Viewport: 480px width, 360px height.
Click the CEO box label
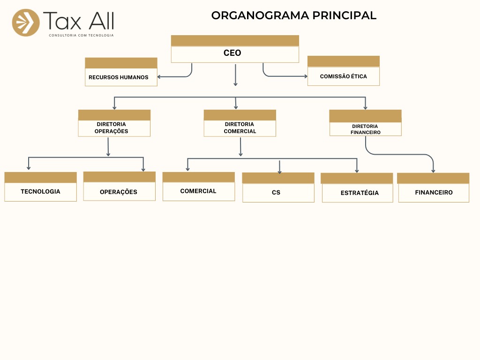click(x=232, y=53)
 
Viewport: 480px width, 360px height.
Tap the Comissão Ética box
click(x=344, y=76)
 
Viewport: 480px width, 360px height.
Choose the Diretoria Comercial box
click(x=240, y=127)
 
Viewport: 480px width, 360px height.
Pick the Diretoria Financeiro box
click(x=365, y=129)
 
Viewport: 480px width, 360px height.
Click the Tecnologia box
click(x=40, y=191)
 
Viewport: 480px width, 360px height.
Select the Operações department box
click(x=119, y=191)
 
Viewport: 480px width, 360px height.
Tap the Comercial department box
click(x=198, y=191)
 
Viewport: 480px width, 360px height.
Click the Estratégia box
click(x=357, y=193)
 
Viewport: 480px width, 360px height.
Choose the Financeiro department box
click(x=434, y=192)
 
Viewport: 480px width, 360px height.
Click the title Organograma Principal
click(x=294, y=15)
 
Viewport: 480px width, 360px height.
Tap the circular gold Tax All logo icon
click(x=26, y=22)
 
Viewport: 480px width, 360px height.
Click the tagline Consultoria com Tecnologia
click(x=81, y=35)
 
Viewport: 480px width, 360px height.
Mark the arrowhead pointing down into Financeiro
click(x=433, y=171)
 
